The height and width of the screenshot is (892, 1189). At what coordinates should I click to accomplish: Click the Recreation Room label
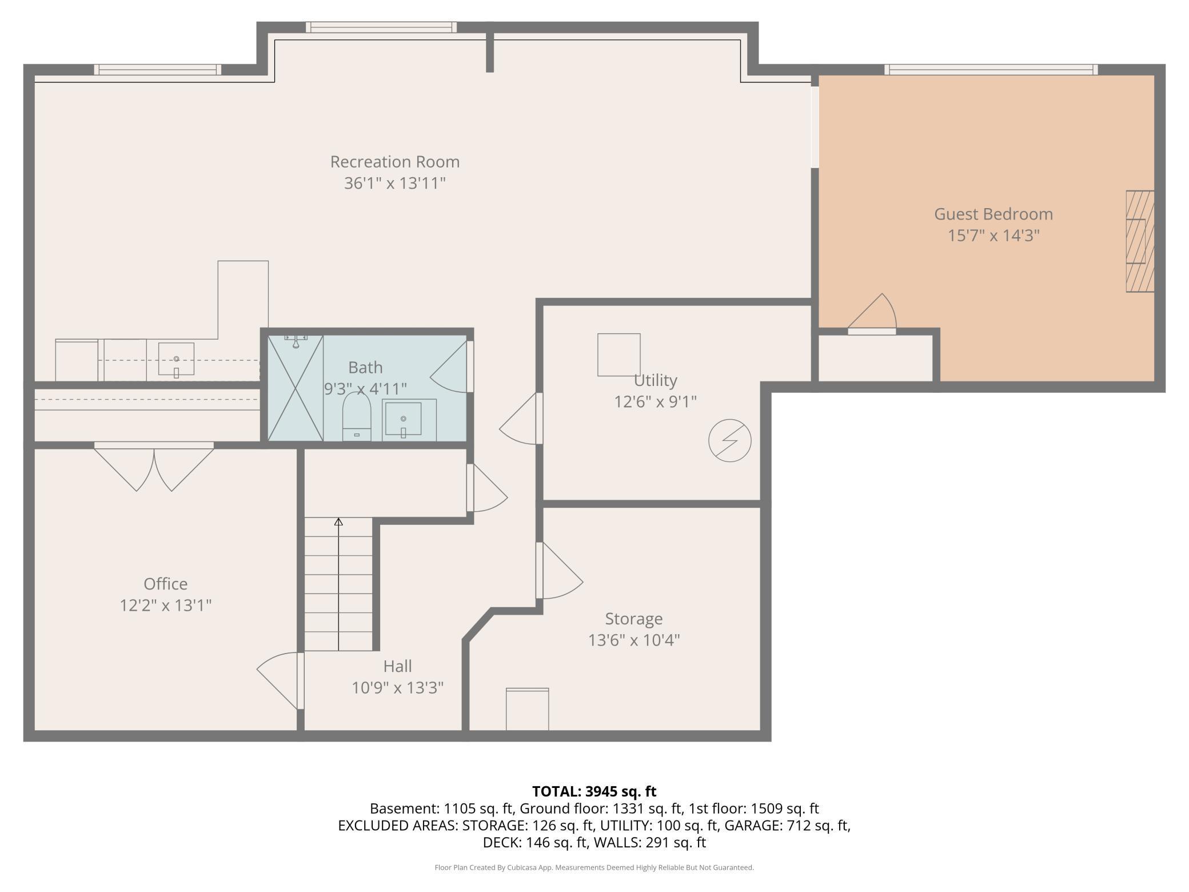395,162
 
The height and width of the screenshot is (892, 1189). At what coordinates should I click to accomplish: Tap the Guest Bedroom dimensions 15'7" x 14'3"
994,236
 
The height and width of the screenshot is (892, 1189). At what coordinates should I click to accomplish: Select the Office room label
166,584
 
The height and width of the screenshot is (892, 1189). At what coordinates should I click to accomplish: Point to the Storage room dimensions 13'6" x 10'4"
634,640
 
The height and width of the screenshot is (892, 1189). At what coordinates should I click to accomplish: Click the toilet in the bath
357,417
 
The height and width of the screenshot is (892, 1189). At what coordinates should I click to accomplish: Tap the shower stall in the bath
296,388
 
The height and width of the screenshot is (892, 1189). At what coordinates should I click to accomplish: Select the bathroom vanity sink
403,420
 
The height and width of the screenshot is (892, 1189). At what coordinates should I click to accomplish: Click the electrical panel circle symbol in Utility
730,441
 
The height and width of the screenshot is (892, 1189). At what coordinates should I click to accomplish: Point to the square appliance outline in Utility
619,355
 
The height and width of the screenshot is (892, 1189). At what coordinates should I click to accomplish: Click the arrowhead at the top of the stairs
338,521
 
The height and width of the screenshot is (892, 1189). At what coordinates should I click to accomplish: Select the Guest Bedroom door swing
872,314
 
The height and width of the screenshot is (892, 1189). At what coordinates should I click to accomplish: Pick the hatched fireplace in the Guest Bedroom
1140,241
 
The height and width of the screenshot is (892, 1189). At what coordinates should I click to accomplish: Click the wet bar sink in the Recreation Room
176,360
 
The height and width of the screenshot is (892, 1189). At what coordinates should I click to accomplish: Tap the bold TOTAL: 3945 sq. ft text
594,791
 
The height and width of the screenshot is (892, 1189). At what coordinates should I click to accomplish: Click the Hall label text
397,666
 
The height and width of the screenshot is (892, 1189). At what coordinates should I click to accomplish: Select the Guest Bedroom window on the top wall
991,70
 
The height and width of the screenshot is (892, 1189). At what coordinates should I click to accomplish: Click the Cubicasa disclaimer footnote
594,867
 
